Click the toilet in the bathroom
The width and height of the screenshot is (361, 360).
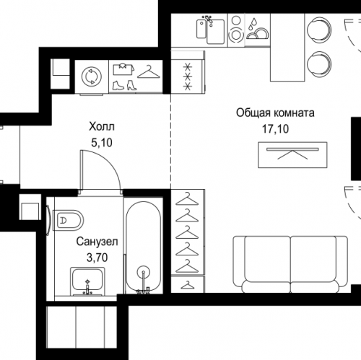pos(68,220)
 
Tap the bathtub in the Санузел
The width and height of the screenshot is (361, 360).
pos(144,247)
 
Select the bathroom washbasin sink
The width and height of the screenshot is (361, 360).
pos(87,281)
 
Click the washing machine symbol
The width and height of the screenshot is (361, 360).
pos(92,76)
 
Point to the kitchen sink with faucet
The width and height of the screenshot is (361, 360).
pos(211,30)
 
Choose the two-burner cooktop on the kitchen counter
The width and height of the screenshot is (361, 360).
pos(236,30)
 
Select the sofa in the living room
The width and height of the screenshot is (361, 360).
pos(290,264)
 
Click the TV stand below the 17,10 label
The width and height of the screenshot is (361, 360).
pos(292,155)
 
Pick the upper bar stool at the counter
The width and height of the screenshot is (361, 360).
pos(319,30)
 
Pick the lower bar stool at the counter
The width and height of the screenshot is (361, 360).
pos(319,64)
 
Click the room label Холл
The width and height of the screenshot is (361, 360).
pos(102,126)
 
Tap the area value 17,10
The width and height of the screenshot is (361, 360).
pos(275,129)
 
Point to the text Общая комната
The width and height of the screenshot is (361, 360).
pos(275,113)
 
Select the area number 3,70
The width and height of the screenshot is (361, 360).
pos(97,258)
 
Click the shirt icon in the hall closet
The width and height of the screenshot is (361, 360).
pos(123,69)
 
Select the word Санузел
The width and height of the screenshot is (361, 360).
pos(97,242)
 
